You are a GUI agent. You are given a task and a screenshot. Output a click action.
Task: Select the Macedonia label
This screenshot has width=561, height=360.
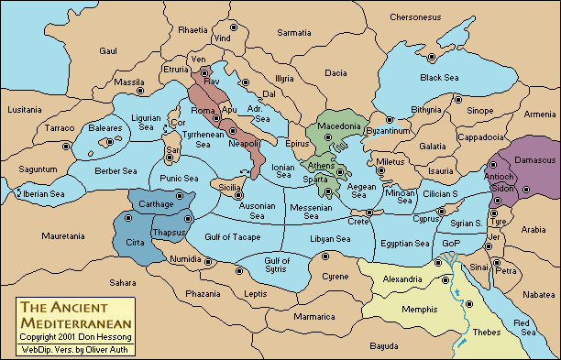click(337, 125)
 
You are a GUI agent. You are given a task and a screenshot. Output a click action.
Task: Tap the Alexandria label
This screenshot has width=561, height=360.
click(401, 279)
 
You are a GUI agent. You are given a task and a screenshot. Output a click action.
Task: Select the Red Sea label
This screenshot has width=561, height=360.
click(525, 328)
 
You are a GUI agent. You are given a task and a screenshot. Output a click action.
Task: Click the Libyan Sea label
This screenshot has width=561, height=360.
click(331, 239)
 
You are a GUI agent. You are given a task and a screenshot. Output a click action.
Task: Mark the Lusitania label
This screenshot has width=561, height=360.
click(25, 109)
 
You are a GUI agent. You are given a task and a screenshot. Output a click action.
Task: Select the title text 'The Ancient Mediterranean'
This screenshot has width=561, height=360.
click(74, 315)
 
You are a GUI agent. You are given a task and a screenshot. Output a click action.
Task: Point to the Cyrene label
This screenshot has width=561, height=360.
click(335, 276)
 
